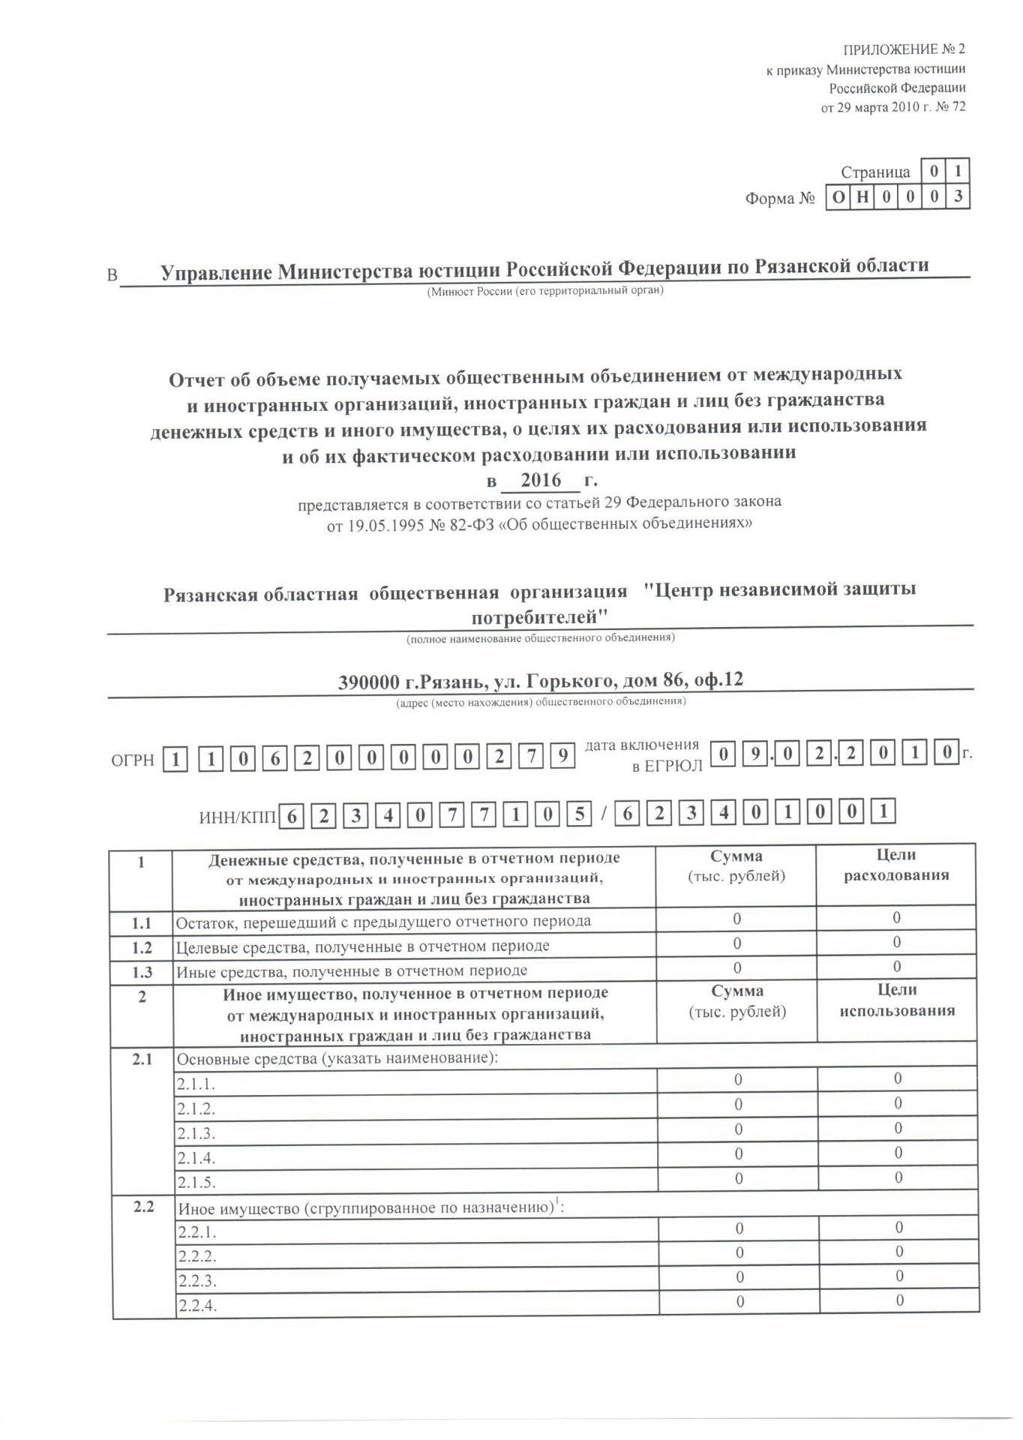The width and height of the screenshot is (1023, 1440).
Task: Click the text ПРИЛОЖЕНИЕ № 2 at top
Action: (904, 50)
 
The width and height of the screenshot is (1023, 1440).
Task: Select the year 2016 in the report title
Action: (541, 480)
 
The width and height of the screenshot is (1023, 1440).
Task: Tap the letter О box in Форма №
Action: (838, 198)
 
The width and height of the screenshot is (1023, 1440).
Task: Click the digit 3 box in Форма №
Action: (958, 197)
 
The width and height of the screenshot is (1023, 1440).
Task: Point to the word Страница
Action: (874, 172)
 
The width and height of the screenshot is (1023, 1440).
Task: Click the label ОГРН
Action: (133, 760)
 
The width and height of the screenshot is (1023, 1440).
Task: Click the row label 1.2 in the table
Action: (142, 947)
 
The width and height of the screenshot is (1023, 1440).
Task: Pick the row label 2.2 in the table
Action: (143, 1207)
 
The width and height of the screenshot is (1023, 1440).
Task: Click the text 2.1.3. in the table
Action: (196, 1133)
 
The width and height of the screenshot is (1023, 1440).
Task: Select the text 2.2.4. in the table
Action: (197, 1306)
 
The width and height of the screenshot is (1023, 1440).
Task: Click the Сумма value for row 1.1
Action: (736, 919)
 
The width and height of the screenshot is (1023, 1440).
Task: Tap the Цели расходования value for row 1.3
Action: (897, 967)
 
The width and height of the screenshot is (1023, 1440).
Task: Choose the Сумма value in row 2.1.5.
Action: (739, 1179)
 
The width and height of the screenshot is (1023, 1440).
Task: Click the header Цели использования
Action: (897, 1000)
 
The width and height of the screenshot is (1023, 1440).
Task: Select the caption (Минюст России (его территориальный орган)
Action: (544, 291)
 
